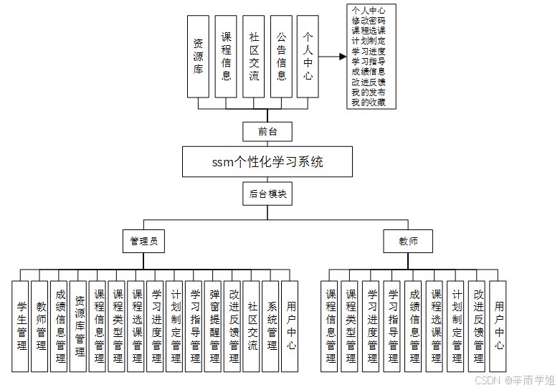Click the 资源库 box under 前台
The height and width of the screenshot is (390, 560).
click(198, 57)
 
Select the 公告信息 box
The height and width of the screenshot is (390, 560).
click(281, 57)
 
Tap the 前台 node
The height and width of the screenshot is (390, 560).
click(267, 131)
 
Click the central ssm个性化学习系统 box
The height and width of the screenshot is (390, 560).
click(267, 162)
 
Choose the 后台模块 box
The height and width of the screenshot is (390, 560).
click(267, 194)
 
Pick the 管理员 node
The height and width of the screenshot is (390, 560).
click(143, 242)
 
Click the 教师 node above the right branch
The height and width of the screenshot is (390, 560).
click(409, 242)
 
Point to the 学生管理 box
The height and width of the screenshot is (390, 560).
click(22, 326)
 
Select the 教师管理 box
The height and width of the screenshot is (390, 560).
click(41, 326)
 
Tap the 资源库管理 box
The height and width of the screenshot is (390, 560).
click(80, 326)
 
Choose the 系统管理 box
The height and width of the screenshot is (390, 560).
click(270, 326)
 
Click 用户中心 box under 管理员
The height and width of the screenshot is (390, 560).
click(290, 326)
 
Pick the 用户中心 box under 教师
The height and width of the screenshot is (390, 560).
click(498, 326)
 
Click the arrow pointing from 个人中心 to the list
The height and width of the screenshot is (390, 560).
click(332, 57)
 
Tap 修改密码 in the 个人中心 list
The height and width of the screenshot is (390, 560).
click(369, 21)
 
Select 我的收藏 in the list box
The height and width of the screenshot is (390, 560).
click(369, 103)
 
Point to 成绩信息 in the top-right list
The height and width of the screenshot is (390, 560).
click(369, 72)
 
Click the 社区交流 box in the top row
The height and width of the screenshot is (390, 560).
click(254, 57)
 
